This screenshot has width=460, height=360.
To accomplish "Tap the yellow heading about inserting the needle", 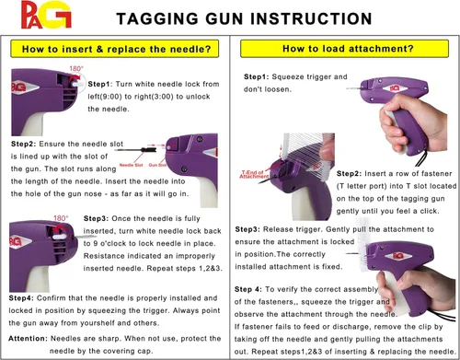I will [x=120, y=48].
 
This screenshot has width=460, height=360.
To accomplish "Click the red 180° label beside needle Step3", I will [x=61, y=218].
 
